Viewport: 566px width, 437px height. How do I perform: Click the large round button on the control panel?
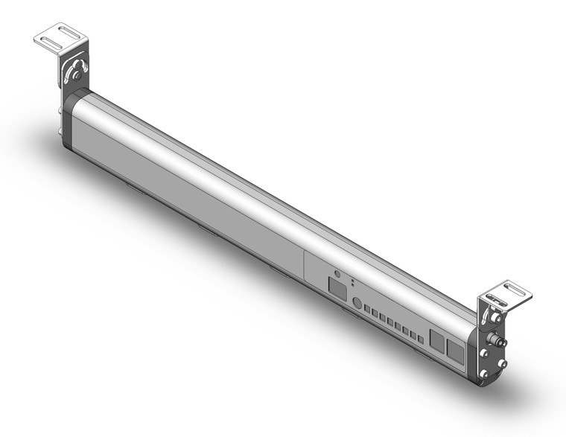point(357,303)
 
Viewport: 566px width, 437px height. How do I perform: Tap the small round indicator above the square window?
point(337,273)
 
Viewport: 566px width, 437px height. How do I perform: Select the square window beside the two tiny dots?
point(337,287)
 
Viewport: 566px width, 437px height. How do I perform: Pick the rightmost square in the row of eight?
point(419,340)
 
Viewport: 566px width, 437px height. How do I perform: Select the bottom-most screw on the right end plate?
point(485,374)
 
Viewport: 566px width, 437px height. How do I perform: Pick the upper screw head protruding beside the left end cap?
point(59,112)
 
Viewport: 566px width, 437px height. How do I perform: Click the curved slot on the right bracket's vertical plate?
point(491,305)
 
